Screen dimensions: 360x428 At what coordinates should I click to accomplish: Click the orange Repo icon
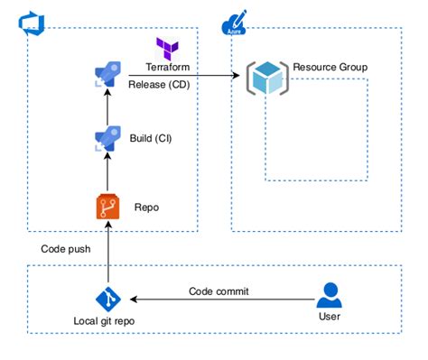click(107, 207)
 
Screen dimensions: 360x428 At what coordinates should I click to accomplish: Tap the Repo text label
click(146, 207)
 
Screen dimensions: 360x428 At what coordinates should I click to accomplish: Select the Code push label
click(65, 248)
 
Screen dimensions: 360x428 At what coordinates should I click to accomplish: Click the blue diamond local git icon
click(107, 300)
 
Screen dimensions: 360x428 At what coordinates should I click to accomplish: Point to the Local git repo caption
click(107, 323)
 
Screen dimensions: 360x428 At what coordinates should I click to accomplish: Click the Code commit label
click(219, 291)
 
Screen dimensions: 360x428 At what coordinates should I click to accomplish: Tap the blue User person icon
click(331, 296)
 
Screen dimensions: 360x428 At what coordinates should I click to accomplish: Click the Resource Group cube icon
click(269, 78)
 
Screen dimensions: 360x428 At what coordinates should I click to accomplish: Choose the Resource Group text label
click(330, 68)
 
